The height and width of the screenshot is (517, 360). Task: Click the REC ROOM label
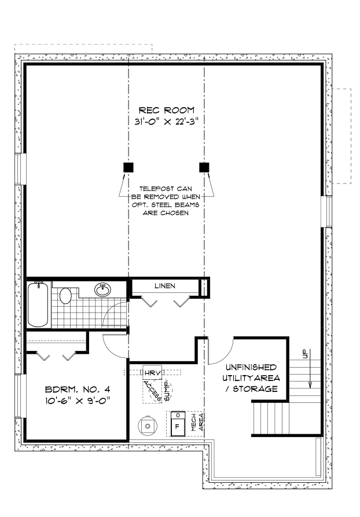coord(166,110)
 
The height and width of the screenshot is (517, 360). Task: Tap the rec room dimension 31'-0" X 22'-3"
coord(166,122)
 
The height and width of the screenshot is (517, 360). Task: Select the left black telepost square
coord(128,167)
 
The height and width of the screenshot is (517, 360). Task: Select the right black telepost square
coord(204,167)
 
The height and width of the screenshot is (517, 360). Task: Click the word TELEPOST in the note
coord(156,189)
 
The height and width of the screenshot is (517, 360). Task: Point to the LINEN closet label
coord(165,286)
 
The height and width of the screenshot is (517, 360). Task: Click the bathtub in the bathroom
coord(38,304)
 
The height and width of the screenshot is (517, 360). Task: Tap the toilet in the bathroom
coord(65,295)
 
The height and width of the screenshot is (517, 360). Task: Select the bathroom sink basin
coord(103,289)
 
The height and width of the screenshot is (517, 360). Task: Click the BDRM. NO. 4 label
coord(78,390)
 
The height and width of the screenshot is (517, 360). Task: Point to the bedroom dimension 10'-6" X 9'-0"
coord(78,401)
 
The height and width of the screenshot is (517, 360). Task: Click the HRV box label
coord(152,373)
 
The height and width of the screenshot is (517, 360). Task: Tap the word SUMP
coord(167,391)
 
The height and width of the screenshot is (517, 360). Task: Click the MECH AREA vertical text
coord(197,423)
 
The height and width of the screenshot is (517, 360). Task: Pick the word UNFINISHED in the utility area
coord(251,367)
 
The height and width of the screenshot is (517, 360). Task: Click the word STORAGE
coord(255,389)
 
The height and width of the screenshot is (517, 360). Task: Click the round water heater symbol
coord(148,426)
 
